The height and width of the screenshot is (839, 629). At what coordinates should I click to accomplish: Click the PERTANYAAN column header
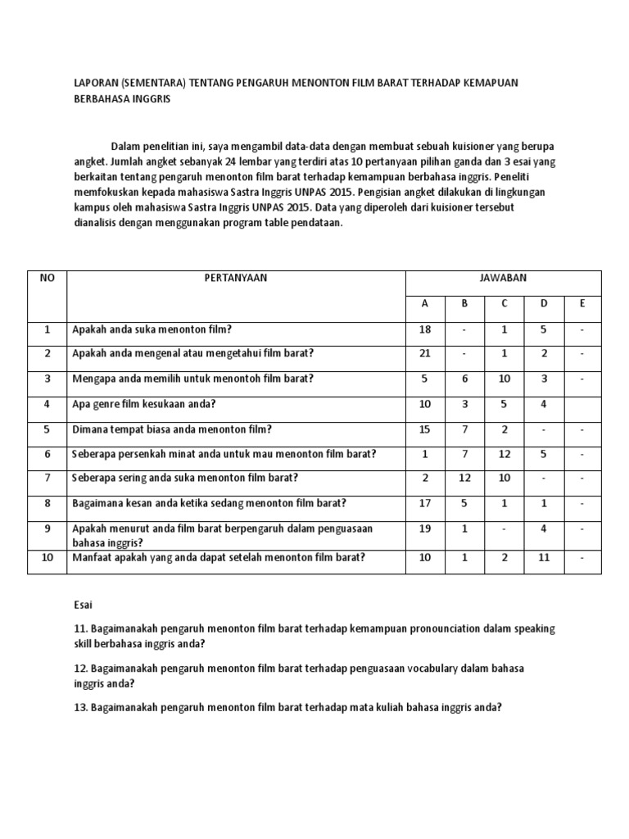tap(236, 278)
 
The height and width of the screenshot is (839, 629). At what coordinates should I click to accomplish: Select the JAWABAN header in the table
tap(504, 278)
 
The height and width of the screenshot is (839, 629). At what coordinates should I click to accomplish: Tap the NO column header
tap(48, 278)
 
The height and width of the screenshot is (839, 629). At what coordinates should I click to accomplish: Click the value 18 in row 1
tap(424, 329)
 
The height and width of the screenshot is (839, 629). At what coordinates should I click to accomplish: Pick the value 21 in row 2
tap(424, 353)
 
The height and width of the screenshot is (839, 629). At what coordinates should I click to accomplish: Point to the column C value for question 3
tap(505, 379)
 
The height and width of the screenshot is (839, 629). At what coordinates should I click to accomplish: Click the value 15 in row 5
tap(424, 429)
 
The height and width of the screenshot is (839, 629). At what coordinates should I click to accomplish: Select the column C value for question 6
tap(505, 453)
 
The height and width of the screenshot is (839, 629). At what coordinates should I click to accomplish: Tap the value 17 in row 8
tap(424, 503)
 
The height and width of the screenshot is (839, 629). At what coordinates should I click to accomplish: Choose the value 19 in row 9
tap(424, 528)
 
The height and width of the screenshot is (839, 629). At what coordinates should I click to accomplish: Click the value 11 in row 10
tap(544, 557)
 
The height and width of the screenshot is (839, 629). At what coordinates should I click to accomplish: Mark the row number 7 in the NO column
tap(48, 478)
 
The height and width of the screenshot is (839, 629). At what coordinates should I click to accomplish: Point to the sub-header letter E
tap(582, 303)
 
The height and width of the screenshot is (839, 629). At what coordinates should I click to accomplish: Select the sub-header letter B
tap(464, 303)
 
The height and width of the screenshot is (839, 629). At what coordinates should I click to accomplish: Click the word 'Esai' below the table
tap(84, 605)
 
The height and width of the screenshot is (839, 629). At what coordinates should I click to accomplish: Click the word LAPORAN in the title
tap(88, 82)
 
